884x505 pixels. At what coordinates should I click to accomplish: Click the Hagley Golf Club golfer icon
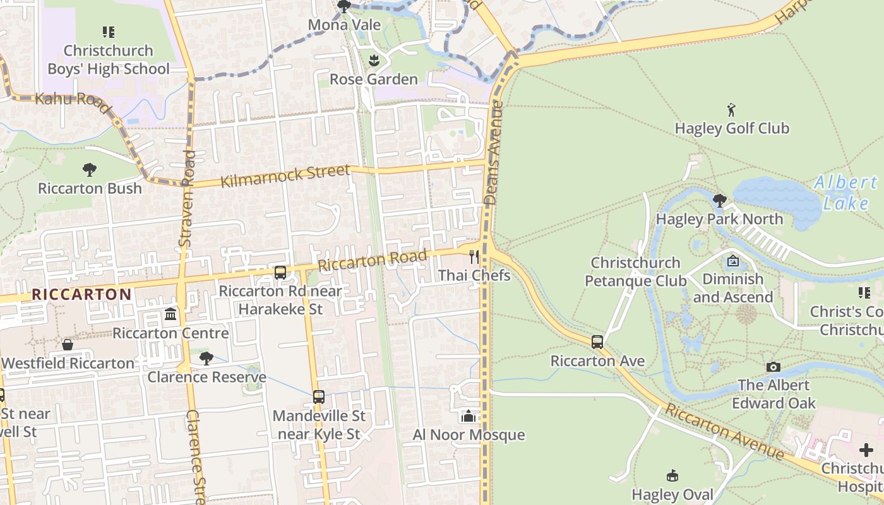pyautogui.click(x=732, y=110)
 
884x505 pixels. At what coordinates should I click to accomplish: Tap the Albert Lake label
pyautogui.click(x=845, y=193)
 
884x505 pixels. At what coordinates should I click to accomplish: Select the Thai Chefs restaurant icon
pyautogui.click(x=474, y=257)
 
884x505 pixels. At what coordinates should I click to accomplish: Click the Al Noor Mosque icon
pyautogui.click(x=469, y=416)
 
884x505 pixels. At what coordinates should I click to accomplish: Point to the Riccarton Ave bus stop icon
pyautogui.click(x=597, y=342)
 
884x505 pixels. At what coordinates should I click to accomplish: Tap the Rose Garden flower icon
pyautogui.click(x=373, y=61)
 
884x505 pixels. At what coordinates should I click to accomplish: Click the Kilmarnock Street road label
pyautogui.click(x=285, y=176)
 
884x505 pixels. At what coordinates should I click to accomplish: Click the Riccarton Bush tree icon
pyautogui.click(x=90, y=169)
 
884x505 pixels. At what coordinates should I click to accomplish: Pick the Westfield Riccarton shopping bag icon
pyautogui.click(x=68, y=345)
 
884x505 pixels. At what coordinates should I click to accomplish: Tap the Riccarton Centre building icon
pyautogui.click(x=170, y=314)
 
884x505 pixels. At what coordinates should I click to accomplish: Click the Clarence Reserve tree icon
pyautogui.click(x=206, y=359)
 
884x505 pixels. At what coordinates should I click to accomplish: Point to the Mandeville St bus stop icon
pyautogui.click(x=319, y=397)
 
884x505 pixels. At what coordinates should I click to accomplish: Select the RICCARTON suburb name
pyautogui.click(x=81, y=294)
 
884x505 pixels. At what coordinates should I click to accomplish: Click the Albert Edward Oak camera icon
pyautogui.click(x=773, y=367)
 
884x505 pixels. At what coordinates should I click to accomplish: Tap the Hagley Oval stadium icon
pyautogui.click(x=672, y=476)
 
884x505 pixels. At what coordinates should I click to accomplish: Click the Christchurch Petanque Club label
pyautogui.click(x=636, y=271)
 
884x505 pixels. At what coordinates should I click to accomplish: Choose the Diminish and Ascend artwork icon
pyautogui.click(x=733, y=260)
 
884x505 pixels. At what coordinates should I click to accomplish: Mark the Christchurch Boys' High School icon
pyautogui.click(x=109, y=32)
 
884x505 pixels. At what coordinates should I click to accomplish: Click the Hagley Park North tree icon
pyautogui.click(x=719, y=200)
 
